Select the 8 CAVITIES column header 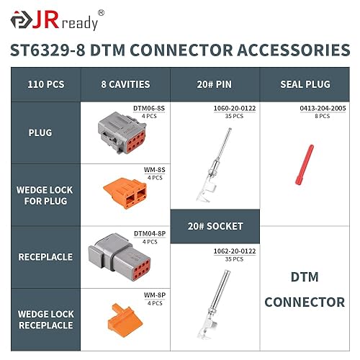pyautogui.click(x=125, y=84)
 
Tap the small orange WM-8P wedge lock pyautogui.click(x=118, y=318)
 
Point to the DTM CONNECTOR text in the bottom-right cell pyautogui.click(x=305, y=288)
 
